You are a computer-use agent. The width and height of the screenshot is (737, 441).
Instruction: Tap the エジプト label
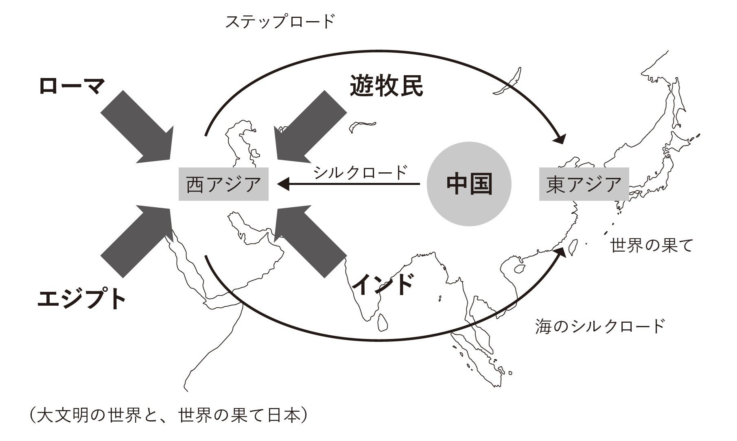(81, 299)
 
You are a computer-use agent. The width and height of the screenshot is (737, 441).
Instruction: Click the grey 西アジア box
(223, 184)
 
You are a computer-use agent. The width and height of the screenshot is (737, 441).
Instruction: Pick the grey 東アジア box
(584, 184)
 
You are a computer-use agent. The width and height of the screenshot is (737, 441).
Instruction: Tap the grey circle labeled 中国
(469, 184)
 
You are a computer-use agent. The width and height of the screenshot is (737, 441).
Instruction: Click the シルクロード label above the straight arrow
(360, 172)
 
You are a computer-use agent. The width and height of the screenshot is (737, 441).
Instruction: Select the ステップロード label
(280, 22)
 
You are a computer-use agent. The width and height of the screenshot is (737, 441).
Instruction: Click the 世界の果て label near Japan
(652, 245)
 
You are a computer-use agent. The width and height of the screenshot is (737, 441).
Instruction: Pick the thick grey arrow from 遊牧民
(309, 126)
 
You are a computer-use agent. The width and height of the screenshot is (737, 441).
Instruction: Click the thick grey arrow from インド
(309, 241)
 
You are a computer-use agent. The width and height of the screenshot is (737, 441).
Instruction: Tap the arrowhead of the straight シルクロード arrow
(283, 185)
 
